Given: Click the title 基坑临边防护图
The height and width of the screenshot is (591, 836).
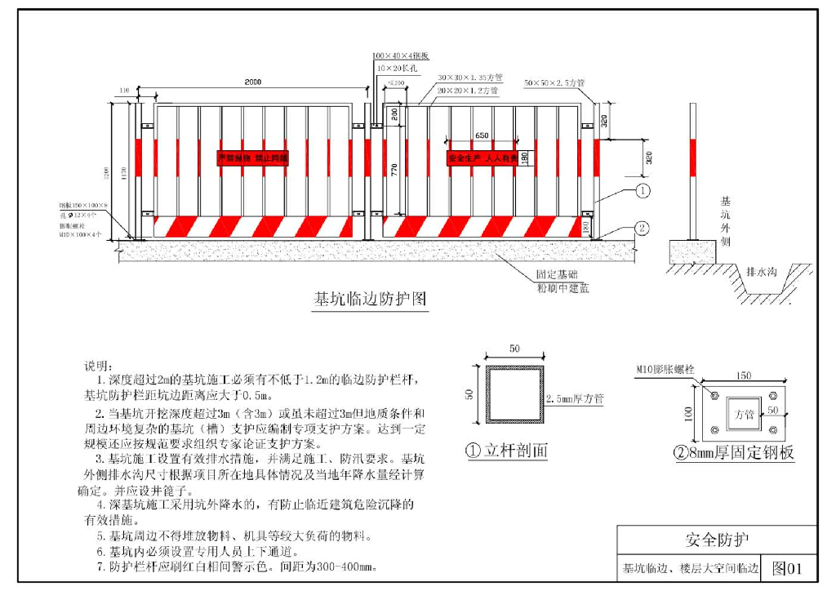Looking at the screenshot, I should [370, 299].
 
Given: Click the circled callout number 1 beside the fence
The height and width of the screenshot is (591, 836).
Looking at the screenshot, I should [643, 192].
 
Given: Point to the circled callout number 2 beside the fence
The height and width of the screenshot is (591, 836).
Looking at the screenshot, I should [643, 229].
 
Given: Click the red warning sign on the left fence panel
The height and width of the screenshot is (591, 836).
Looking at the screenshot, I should [252, 158].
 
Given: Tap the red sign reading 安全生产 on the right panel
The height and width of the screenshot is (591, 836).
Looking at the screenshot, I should [482, 158].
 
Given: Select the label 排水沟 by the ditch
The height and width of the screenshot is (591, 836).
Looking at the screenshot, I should [762, 270].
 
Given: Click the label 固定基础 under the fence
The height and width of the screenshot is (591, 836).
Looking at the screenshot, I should [557, 275].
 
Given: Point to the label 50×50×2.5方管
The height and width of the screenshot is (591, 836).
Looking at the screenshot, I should [554, 83].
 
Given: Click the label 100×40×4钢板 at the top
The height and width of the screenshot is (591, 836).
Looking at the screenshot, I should [395, 56].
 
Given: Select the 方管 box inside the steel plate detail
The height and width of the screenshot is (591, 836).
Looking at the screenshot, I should [744, 404].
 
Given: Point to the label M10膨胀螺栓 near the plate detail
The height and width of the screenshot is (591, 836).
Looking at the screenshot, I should [665, 370].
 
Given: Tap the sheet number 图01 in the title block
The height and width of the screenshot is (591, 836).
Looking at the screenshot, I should [788, 568].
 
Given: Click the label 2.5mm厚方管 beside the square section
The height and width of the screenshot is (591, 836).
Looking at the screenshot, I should [574, 399].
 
